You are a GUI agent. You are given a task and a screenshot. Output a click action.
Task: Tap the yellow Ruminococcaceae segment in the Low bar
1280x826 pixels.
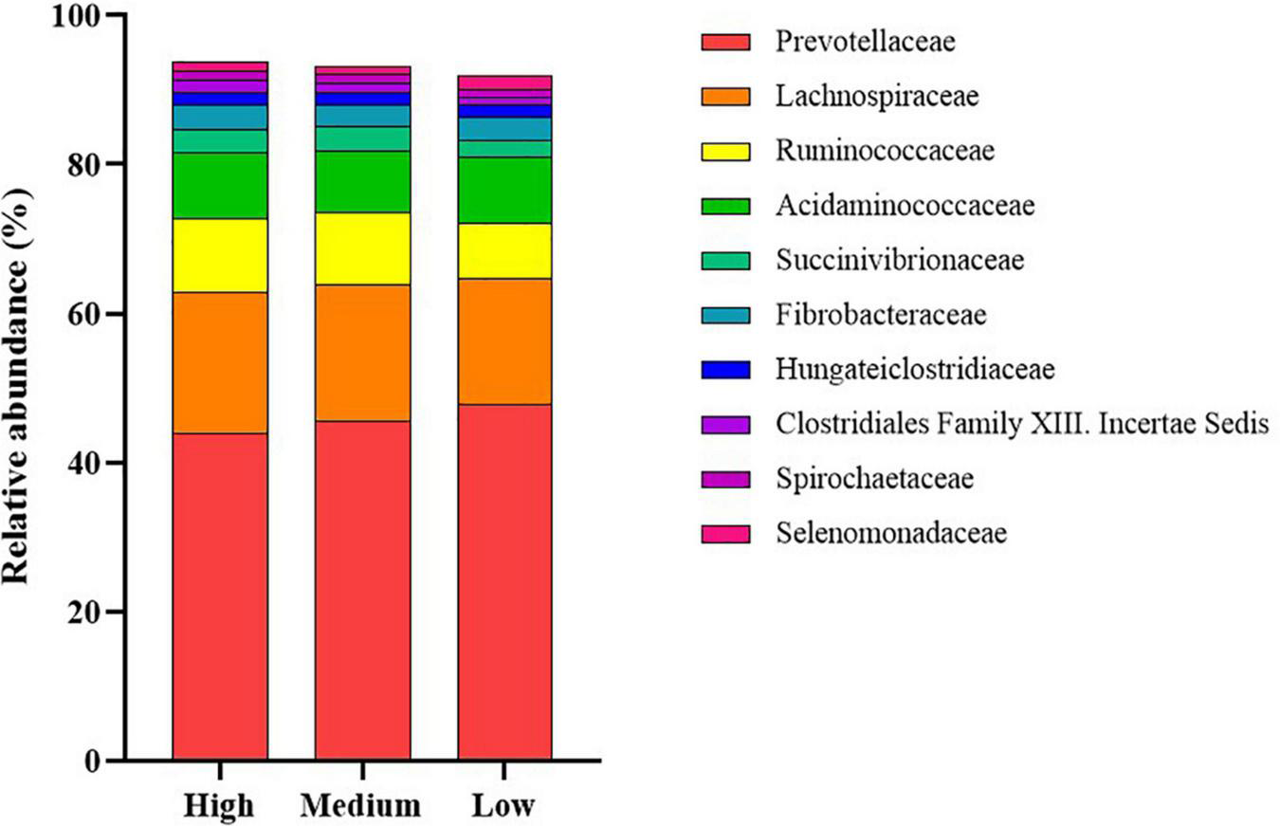pos(504,250)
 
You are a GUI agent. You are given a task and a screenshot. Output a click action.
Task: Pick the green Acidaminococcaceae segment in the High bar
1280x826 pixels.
pos(220,185)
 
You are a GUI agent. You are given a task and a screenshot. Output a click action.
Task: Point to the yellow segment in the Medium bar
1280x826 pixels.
pos(362,248)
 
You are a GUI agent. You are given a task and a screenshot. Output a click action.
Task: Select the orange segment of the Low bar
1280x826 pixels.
pos(504,341)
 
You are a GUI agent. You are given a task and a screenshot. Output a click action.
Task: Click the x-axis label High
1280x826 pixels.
pos(219,805)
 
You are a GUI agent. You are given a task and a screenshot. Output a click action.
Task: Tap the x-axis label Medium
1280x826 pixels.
pos(361,805)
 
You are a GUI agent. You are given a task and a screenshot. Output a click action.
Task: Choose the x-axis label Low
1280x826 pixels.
pos(503,805)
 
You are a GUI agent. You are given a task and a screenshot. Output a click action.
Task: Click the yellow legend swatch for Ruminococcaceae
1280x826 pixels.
pos(725,151)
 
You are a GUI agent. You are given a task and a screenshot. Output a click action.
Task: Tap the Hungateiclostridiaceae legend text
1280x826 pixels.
pos(914,369)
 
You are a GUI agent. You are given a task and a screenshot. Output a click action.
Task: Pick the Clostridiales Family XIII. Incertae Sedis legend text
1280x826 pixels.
pos(1020,424)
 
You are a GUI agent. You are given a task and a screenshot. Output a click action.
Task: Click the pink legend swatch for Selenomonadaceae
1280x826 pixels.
pos(725,534)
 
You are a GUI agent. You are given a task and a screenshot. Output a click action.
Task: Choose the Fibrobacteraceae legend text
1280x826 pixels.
pos(881,314)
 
